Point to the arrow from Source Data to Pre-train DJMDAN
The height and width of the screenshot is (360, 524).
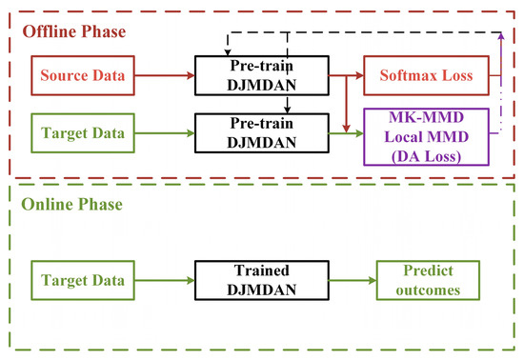click(x=164, y=72)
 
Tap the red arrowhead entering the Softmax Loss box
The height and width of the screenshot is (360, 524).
click(x=357, y=72)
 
